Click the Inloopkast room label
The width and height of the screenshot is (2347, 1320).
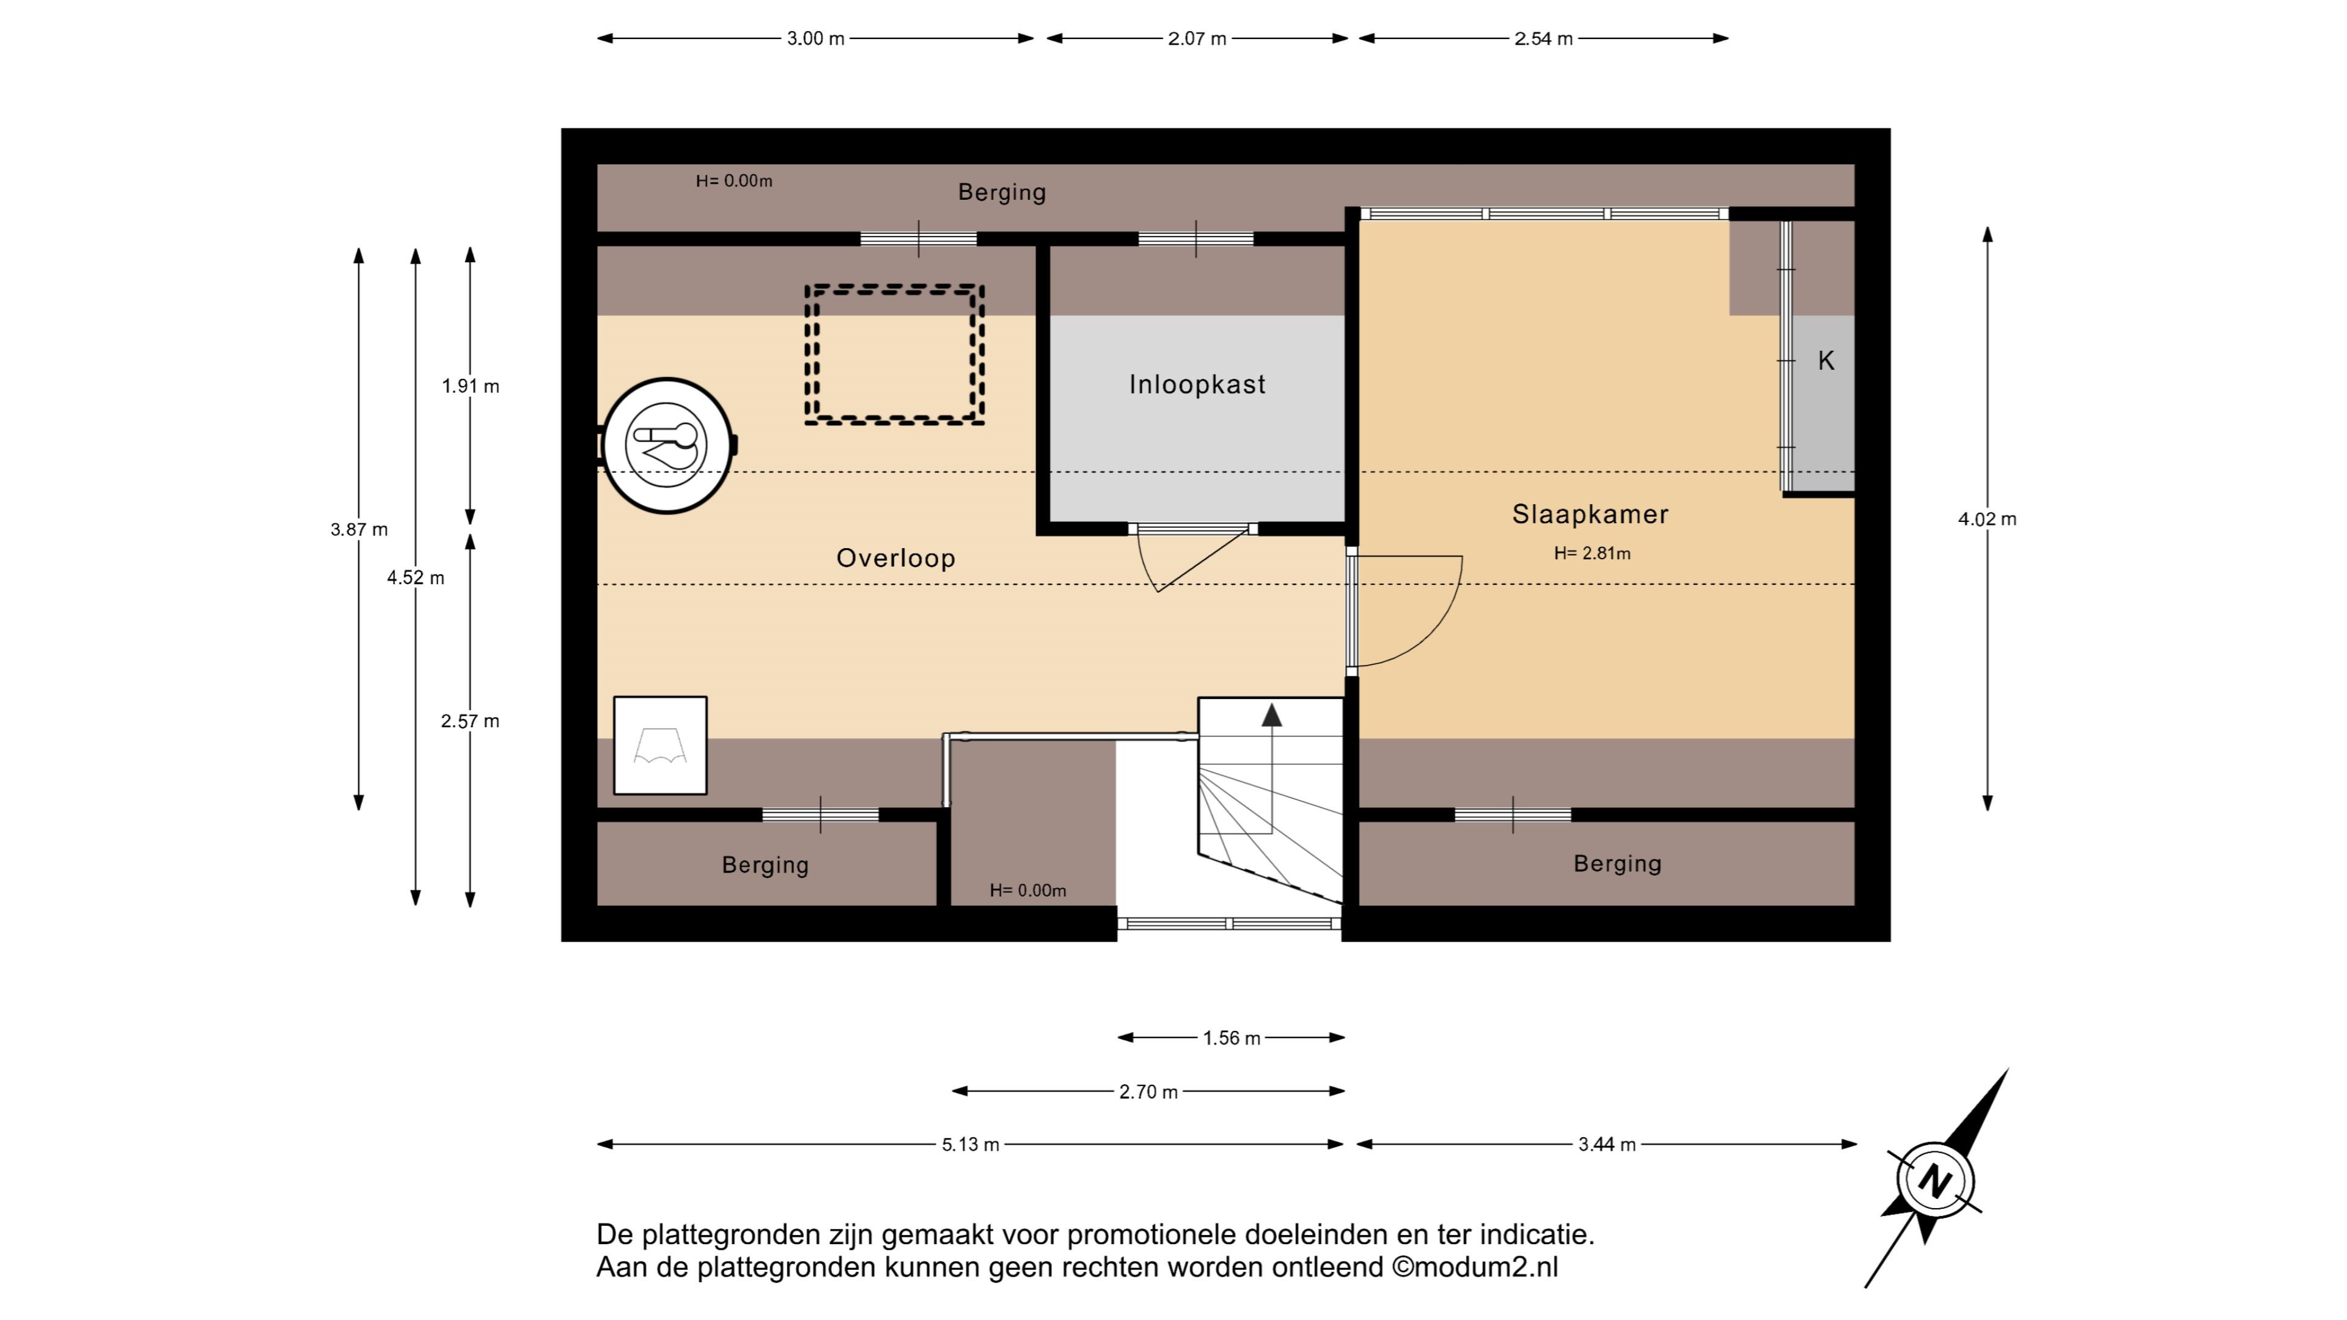(1197, 384)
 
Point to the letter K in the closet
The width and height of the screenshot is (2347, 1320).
(1826, 361)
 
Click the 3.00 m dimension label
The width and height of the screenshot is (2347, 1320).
(815, 38)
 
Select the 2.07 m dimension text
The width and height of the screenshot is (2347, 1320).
(1197, 38)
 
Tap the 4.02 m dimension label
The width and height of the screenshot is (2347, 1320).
(1987, 519)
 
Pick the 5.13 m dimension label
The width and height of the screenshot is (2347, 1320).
(971, 1144)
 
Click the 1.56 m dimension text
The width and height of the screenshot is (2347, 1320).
(1232, 1038)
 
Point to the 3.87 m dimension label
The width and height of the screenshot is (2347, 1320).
(359, 529)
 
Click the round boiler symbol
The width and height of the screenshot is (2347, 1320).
(668, 446)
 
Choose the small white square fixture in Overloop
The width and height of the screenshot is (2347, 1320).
(661, 745)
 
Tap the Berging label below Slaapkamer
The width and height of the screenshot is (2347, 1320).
(1618, 864)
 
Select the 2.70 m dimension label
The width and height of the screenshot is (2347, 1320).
(1148, 1091)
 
